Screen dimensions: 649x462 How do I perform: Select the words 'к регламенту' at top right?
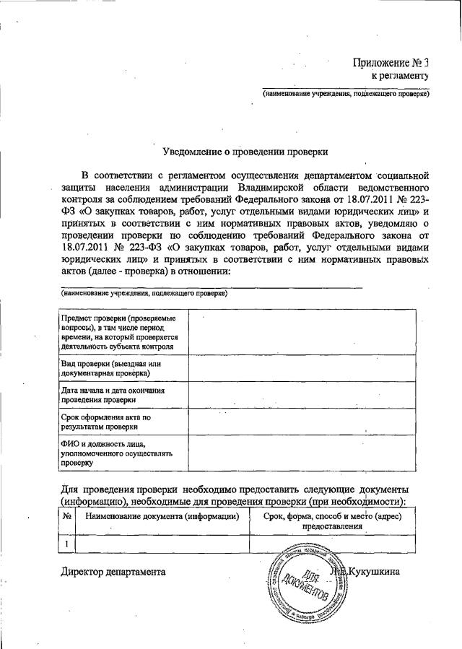tap(400, 75)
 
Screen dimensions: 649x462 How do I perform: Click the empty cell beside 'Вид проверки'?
tap(301, 369)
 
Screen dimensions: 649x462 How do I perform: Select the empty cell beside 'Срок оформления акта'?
tap(301, 421)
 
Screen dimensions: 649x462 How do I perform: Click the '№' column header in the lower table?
tap(66, 517)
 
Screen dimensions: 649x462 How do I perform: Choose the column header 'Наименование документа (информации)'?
tap(162, 517)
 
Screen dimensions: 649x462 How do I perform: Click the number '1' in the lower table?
tap(66, 544)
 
